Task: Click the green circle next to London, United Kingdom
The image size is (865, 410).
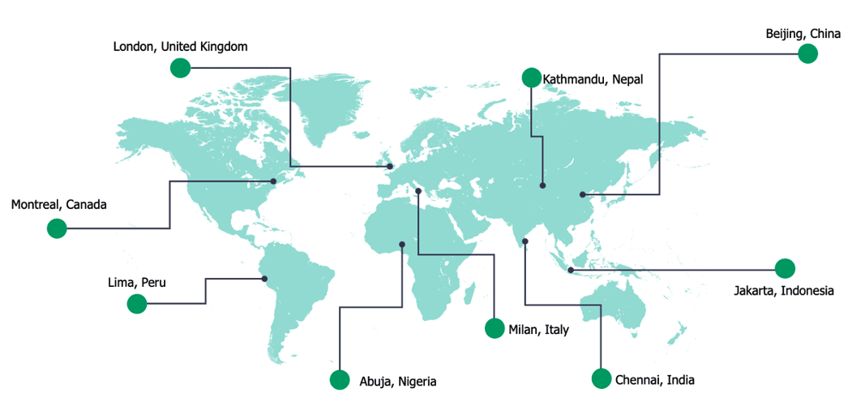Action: tap(180, 68)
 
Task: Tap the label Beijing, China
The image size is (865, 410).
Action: tap(803, 34)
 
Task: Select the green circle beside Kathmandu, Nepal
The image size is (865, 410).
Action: tap(531, 78)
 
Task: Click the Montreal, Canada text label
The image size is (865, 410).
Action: tap(59, 205)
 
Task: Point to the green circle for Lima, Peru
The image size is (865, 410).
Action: tap(137, 304)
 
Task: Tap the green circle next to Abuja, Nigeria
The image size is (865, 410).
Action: tap(340, 380)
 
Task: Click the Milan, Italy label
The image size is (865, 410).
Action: tap(538, 330)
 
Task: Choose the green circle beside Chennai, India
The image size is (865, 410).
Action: tap(601, 378)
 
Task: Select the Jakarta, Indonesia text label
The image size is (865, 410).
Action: tap(783, 291)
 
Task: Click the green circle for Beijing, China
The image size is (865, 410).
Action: tap(807, 54)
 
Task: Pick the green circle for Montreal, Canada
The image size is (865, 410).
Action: tap(57, 228)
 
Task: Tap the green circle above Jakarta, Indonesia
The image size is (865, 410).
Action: tap(785, 268)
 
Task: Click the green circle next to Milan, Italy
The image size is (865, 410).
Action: tap(495, 328)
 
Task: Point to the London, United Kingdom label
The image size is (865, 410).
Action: tap(180, 47)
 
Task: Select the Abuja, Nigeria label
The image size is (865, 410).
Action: tap(397, 382)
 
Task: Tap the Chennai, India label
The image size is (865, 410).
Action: tap(654, 380)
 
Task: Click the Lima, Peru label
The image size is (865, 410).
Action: tap(137, 283)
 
